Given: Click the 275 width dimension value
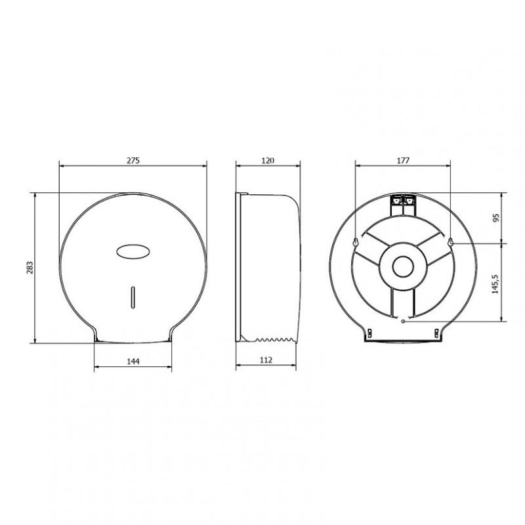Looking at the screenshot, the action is point(133,160).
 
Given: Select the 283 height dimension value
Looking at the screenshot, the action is point(30,268).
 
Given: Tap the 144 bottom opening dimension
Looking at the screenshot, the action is point(133,362).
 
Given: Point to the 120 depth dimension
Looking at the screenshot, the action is point(268,160).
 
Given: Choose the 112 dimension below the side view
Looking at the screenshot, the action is point(266,360).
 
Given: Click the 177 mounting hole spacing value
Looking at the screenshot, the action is point(403,160).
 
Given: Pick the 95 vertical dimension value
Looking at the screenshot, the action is point(496,218).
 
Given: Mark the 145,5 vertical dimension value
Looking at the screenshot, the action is point(496,284).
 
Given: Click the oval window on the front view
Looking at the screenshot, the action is point(133,251).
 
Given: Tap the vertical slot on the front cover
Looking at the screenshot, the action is point(133,297).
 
